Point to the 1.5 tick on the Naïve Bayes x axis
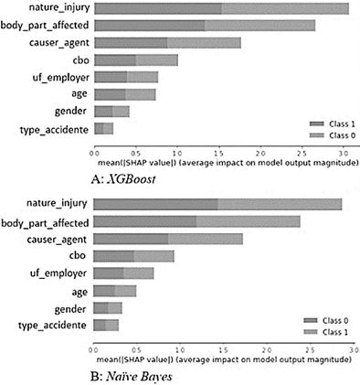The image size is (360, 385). (217, 347)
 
